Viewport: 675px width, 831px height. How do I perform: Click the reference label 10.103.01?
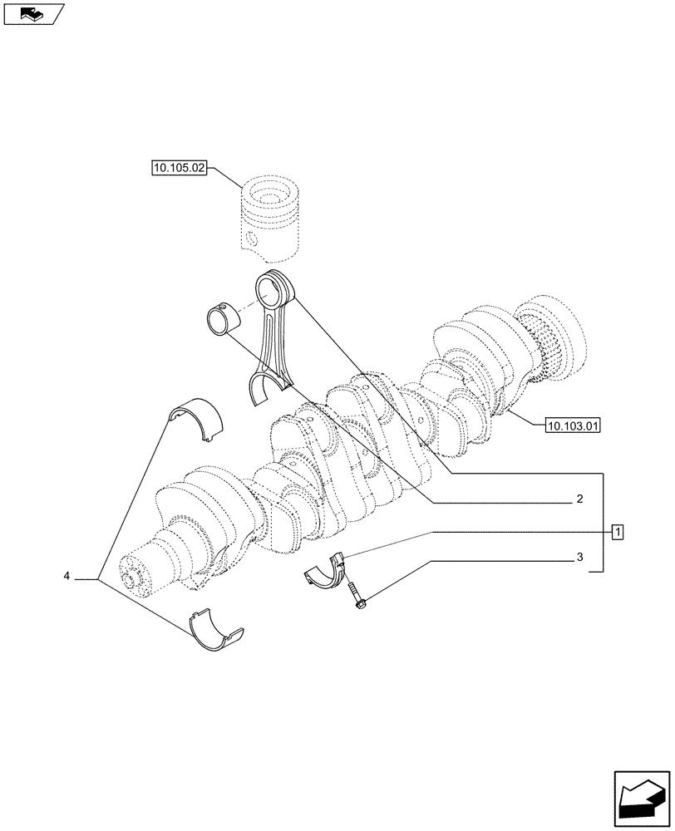click(573, 426)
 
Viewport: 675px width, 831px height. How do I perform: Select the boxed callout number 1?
click(617, 530)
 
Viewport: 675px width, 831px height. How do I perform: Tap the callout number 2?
click(579, 500)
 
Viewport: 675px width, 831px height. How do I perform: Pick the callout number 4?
click(66, 576)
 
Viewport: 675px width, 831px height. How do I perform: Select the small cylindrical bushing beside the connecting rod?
click(221, 321)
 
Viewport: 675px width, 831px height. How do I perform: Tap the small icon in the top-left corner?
click(32, 12)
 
